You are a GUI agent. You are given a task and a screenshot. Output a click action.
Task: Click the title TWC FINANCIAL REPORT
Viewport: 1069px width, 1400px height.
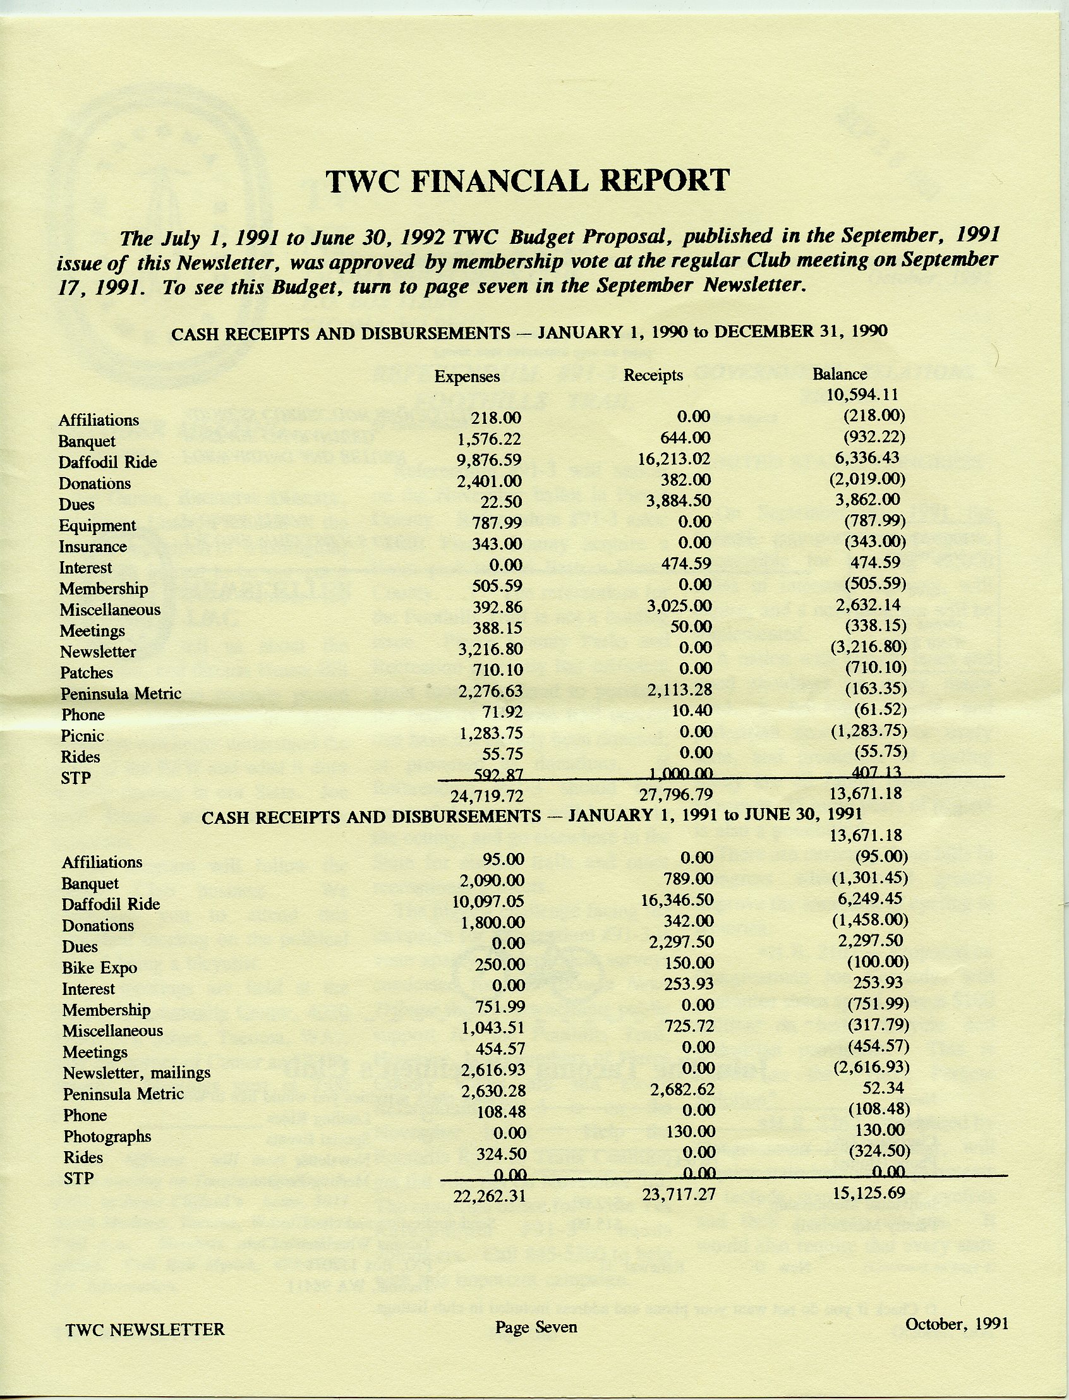pos(528,181)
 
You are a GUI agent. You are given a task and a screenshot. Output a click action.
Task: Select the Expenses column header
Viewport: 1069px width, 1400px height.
pos(467,377)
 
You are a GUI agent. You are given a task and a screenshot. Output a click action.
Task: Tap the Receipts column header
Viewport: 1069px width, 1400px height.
pos(653,375)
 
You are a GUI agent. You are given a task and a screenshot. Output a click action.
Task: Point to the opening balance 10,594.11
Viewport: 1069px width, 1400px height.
pos(862,395)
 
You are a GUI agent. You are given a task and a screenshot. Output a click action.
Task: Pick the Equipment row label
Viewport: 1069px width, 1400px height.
pos(97,526)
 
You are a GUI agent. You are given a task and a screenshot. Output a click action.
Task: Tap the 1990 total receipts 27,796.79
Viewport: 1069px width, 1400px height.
pos(676,794)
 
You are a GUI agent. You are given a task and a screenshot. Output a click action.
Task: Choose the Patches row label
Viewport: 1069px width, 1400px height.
pos(87,673)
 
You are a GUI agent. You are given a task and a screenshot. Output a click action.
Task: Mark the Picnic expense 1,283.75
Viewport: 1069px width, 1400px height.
pos(492,732)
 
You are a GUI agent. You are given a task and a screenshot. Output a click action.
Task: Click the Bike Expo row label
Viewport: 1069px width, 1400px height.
pos(100,968)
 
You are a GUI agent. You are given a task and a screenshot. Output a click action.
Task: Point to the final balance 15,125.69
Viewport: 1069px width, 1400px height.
pos(869,1192)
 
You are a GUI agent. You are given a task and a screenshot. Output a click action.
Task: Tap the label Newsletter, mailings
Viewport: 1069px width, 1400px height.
pos(137,1073)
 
